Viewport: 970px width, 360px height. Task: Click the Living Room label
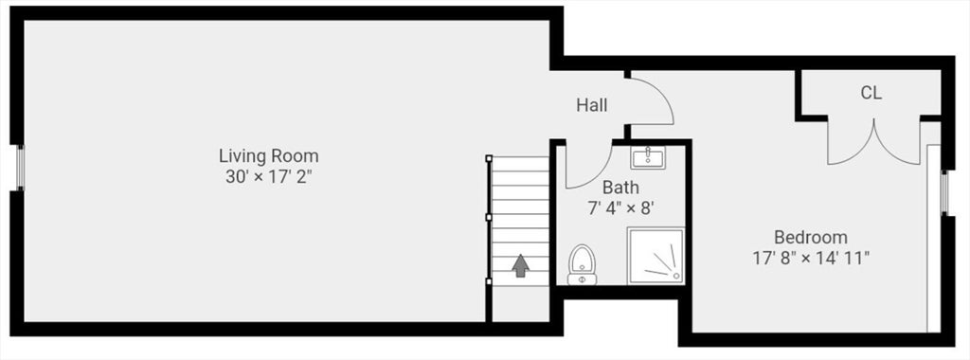(x=268, y=155)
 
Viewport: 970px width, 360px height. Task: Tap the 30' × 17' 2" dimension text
(x=268, y=176)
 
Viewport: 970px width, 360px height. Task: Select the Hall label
(x=592, y=105)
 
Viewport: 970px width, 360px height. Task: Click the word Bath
(x=620, y=187)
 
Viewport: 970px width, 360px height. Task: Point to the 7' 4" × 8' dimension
(x=620, y=207)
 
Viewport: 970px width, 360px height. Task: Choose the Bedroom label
(x=811, y=237)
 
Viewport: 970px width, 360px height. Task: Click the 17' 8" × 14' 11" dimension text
(x=811, y=257)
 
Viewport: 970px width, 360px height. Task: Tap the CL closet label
(x=871, y=93)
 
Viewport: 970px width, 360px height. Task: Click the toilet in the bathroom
(x=581, y=264)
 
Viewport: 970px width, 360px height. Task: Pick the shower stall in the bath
(x=656, y=256)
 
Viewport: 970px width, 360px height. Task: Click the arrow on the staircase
(x=520, y=265)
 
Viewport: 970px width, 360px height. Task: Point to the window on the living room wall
(x=19, y=169)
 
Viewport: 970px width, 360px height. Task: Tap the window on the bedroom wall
(x=943, y=193)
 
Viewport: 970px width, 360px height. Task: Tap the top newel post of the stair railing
(x=489, y=158)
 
